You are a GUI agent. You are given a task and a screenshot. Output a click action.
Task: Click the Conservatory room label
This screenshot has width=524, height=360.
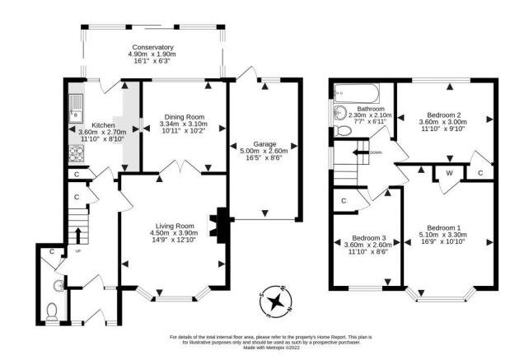(x=152, y=47)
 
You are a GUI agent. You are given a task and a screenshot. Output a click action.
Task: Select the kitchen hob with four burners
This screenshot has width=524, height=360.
(x=76, y=154)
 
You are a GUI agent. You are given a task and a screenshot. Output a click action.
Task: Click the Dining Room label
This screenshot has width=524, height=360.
(x=184, y=117)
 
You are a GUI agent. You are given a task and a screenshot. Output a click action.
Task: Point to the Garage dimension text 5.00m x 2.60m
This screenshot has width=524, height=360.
(x=264, y=151)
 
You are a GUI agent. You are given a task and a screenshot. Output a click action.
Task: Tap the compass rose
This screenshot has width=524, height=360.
(x=276, y=302)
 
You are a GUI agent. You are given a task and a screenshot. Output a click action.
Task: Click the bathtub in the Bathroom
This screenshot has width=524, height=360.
(x=357, y=92)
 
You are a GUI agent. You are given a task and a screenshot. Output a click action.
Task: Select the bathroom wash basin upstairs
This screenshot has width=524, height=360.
(x=340, y=113)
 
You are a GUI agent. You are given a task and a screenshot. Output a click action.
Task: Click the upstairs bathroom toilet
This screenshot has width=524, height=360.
(x=342, y=131)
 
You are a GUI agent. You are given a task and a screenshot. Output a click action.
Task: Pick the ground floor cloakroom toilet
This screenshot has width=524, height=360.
(x=51, y=311)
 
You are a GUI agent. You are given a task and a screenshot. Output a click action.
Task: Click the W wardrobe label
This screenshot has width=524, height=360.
(x=450, y=173)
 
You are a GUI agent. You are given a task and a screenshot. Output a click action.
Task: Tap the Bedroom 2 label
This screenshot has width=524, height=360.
(x=442, y=115)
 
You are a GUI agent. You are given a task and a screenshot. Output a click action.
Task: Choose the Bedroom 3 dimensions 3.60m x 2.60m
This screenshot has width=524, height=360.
(x=368, y=245)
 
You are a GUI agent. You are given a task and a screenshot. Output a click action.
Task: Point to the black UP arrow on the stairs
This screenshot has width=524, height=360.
(x=78, y=236)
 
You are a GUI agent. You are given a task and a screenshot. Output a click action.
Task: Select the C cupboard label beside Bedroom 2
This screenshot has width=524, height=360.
(x=480, y=173)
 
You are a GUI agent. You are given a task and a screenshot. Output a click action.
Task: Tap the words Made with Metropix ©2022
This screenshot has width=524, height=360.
(x=271, y=348)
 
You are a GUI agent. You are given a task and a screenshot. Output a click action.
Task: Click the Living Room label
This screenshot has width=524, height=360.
(x=175, y=227)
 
